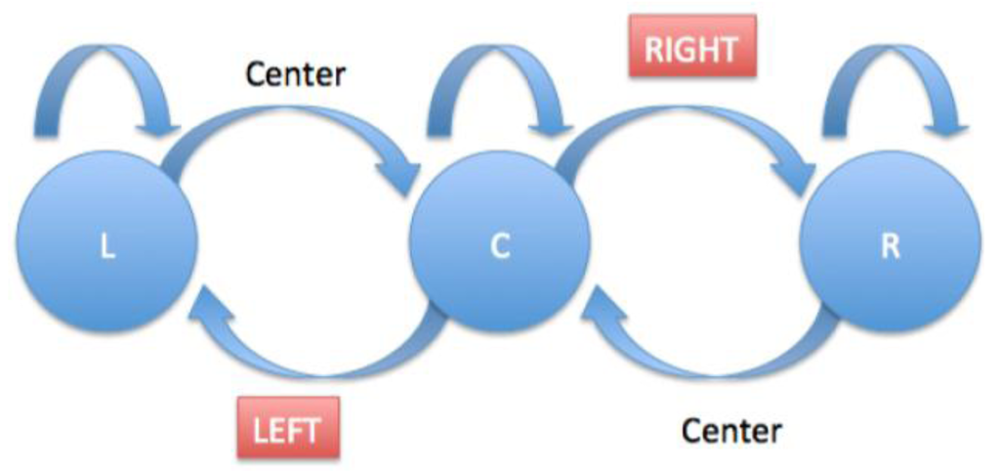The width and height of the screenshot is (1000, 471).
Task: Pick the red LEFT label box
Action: (289, 428)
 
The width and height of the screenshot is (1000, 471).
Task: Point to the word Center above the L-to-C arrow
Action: (295, 73)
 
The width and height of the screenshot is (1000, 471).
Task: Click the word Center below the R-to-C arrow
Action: (730, 429)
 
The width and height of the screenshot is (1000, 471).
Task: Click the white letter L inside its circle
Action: (107, 248)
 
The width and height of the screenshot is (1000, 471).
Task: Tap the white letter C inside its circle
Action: (499, 248)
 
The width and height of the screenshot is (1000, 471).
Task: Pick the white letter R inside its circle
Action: (889, 248)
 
